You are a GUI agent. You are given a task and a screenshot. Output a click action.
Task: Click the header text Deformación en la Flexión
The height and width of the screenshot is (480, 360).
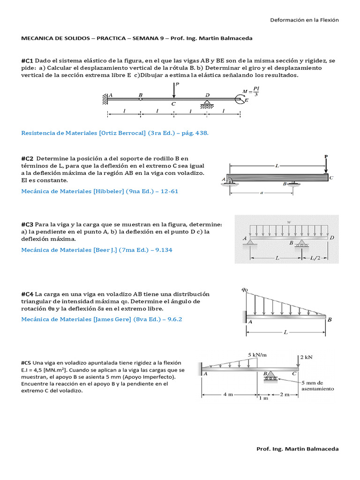[x=304, y=20]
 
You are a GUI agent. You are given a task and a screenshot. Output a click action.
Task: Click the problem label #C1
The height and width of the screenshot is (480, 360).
[x=27, y=61]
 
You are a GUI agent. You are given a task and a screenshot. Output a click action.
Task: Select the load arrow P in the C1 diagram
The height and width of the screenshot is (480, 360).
[x=174, y=90]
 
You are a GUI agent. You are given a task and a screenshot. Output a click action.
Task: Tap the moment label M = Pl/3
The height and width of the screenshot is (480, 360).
[x=251, y=90]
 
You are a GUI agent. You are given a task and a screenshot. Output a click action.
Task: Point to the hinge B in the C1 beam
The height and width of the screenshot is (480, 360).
[x=141, y=98]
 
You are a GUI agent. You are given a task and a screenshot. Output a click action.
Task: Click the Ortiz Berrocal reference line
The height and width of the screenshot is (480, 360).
[x=115, y=133]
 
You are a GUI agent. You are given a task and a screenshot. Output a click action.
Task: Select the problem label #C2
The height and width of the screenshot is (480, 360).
[x=27, y=158]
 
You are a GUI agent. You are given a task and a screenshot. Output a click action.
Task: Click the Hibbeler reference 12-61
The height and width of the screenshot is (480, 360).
[x=100, y=191]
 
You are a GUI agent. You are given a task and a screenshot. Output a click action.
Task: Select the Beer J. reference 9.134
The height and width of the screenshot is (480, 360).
[x=97, y=250]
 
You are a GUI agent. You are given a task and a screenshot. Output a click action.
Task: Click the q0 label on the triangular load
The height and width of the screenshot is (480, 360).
[x=244, y=290]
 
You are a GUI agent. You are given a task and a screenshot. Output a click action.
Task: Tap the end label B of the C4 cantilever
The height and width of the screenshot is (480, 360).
[x=330, y=320]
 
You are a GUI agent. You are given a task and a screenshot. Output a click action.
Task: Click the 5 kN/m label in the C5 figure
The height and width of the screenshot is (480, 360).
[x=258, y=355]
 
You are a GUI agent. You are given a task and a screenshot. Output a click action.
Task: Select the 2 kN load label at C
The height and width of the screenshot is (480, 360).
[x=306, y=357]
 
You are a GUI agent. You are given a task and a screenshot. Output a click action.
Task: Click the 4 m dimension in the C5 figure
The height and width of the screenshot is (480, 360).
[x=228, y=394]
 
